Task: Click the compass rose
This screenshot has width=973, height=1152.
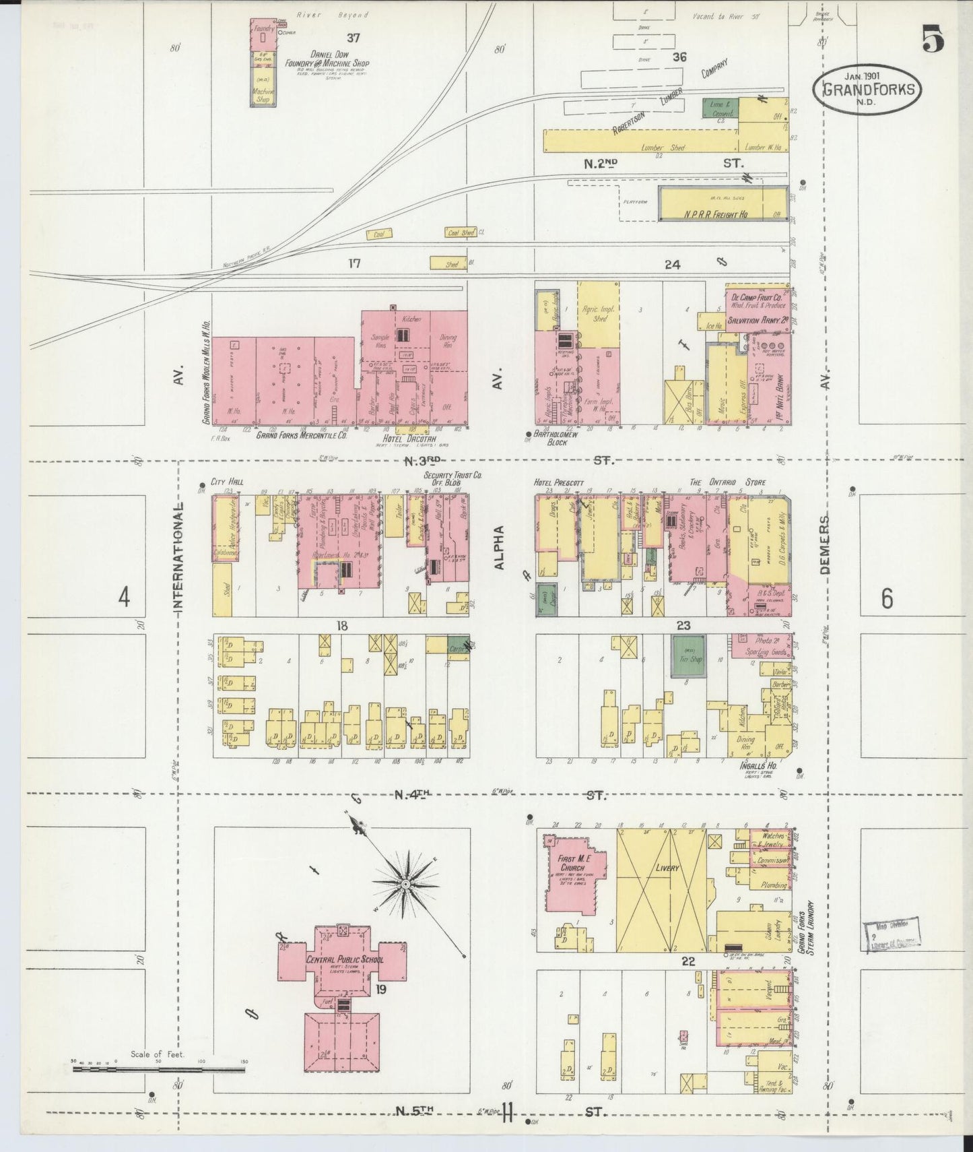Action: coord(405,883)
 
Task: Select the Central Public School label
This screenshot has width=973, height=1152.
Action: coord(344,959)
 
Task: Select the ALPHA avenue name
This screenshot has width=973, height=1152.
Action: coord(499,547)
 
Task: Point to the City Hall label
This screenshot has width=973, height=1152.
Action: coord(226,482)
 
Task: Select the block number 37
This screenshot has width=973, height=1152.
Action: coord(354,37)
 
